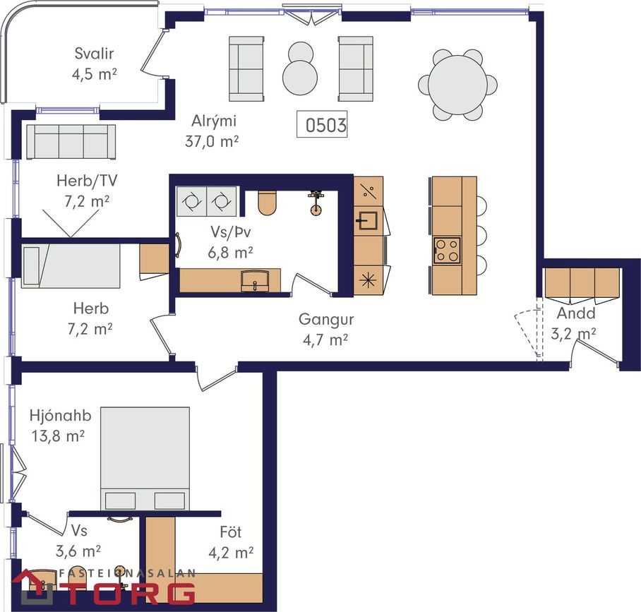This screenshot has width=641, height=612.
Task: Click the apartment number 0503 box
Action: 322,124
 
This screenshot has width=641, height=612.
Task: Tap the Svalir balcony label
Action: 94,53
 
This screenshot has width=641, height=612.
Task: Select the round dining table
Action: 457,85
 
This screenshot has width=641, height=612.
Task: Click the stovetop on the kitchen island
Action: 448,250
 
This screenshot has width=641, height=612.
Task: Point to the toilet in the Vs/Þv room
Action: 268,203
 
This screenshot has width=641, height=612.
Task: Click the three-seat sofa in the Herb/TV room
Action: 71,141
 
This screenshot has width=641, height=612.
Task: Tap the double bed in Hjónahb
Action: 145,458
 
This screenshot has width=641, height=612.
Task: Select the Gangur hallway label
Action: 326,319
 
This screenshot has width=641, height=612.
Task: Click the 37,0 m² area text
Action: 212,141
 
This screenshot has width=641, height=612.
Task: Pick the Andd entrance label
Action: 576,313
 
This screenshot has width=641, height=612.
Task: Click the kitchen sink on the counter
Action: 369,220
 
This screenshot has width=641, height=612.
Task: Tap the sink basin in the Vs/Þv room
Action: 254,280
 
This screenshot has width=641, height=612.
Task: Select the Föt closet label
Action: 231,532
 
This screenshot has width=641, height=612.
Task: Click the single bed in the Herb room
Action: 71,266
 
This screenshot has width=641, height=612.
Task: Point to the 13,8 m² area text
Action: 58,436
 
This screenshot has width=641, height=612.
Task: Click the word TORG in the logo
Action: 131,593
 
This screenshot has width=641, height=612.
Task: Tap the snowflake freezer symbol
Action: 367,280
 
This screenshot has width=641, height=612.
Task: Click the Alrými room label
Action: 214,121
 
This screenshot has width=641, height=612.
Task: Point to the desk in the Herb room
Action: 154,259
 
